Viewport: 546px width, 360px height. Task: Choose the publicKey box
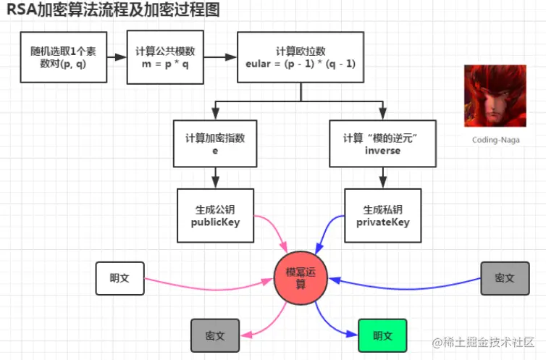pos(215,215)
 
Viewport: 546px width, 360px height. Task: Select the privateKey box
pos(382,215)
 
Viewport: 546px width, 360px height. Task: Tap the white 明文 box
pos(120,279)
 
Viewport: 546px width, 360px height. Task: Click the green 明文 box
pos(382,335)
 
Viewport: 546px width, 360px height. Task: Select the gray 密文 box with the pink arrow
pos(215,335)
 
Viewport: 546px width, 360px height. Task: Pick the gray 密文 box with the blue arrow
pos(505,277)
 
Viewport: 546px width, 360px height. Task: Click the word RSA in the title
pos(20,10)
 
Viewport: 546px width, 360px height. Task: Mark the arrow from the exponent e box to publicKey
pos(215,177)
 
